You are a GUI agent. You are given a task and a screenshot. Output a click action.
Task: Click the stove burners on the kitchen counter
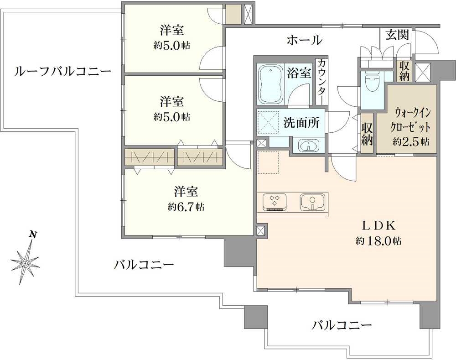pyautogui.click(x=275, y=202)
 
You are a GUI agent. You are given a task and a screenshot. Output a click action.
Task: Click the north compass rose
pyautogui.click(x=25, y=263)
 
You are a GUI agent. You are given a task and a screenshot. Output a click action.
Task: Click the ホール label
pyautogui.click(x=305, y=40)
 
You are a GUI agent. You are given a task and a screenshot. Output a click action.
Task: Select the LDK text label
pyautogui.click(x=378, y=225)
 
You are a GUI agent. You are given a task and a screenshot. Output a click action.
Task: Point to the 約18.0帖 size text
pyautogui.click(x=378, y=241)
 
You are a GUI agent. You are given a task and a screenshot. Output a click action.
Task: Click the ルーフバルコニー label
pyautogui.click(x=62, y=71)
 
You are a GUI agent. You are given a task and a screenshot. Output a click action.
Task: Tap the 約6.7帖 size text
pyautogui.click(x=186, y=207)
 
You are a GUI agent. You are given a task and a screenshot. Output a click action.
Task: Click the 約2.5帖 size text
pyautogui.click(x=411, y=142)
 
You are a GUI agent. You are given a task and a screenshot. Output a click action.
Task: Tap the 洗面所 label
pyautogui.click(x=301, y=123)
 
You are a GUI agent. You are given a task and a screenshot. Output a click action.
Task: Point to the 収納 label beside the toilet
pyautogui.click(x=404, y=71)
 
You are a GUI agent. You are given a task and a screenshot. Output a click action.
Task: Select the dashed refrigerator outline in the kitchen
pyautogui.click(x=268, y=162)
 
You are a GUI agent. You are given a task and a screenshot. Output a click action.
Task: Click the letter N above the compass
pyautogui.click(x=34, y=235)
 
